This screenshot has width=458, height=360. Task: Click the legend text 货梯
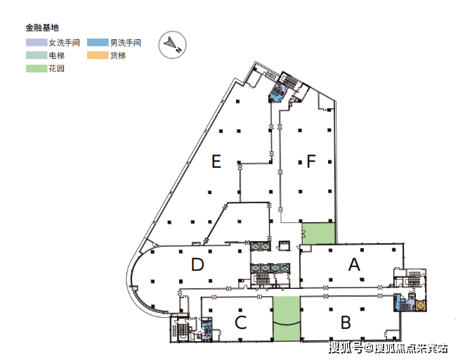(x=118, y=56)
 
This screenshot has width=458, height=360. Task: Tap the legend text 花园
(x=56, y=69)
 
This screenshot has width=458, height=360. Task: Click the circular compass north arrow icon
(x=172, y=44)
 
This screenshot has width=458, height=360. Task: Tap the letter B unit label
(x=346, y=323)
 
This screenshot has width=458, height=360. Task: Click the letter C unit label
(x=240, y=323)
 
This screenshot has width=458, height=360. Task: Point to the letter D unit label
(x=197, y=264)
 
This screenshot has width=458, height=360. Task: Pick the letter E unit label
(x=216, y=162)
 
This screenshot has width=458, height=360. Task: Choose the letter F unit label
(x=311, y=162)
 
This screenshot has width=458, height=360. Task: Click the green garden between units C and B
(x=287, y=319)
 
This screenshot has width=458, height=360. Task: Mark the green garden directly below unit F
(x=318, y=233)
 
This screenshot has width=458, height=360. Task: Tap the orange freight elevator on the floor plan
(x=421, y=305)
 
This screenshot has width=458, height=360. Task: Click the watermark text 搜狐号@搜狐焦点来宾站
(x=388, y=347)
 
